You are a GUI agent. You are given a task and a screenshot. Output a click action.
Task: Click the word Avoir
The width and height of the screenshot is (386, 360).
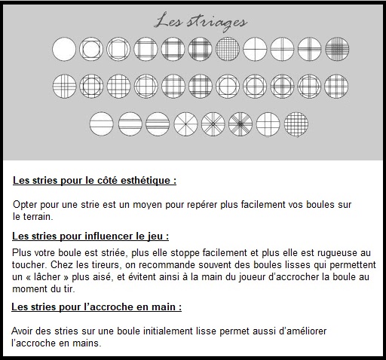tap(22, 331)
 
